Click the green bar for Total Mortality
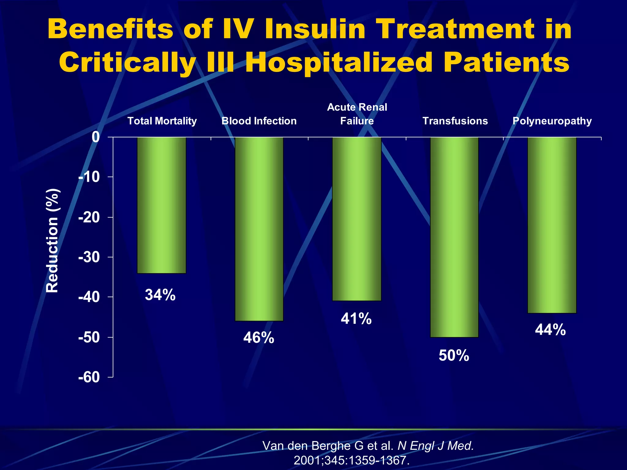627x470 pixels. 161,205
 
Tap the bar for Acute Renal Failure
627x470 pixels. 357,219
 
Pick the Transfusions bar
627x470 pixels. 454,237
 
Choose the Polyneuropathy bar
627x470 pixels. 552,225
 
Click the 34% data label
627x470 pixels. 160,295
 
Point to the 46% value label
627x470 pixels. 259,338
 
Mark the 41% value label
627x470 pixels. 356,319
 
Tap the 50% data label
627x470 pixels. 454,356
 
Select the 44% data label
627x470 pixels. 550,330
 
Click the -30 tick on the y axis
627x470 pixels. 89,257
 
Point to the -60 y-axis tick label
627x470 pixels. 89,377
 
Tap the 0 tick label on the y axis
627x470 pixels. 96,137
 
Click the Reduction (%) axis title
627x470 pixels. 52,241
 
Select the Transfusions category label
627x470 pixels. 455,121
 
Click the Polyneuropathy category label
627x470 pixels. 552,121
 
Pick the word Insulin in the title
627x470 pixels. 315,29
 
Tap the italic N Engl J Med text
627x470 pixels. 436,446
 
